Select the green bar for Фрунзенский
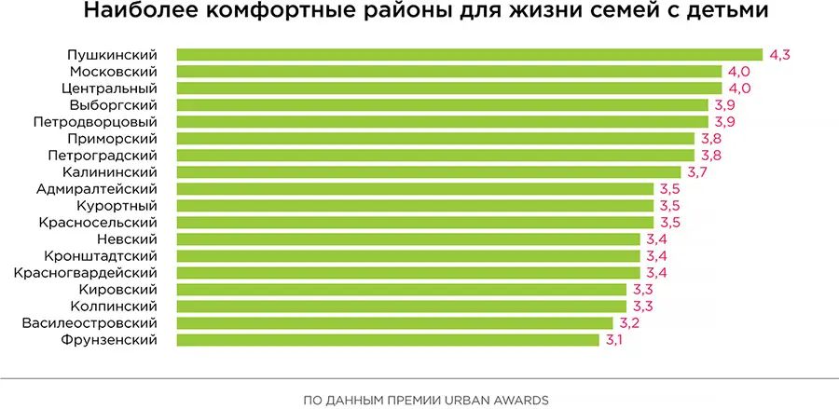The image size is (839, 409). [x=387, y=340]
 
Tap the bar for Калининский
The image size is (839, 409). [x=428, y=172]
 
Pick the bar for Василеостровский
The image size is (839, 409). [x=393, y=323]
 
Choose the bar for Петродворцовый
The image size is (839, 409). [x=442, y=122]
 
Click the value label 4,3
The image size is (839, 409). [x=779, y=55]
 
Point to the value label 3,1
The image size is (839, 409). [x=613, y=340]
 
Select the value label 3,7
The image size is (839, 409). [x=696, y=172]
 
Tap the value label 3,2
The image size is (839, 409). [x=627, y=323]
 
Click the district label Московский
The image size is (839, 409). [x=113, y=72]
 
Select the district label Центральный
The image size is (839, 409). [x=110, y=89]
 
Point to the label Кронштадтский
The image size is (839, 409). [x=100, y=256]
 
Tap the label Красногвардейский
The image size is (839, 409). [x=85, y=273]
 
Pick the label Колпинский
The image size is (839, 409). [x=114, y=307]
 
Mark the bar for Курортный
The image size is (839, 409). [x=415, y=206]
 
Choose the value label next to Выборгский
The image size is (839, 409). [x=723, y=105]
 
